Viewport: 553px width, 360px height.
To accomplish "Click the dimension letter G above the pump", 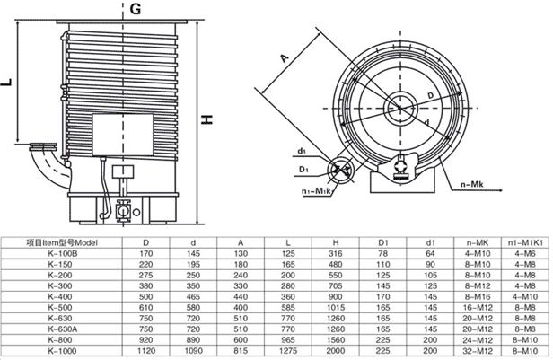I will (135, 9).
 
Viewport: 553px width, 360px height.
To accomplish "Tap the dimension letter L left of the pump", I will (8, 83).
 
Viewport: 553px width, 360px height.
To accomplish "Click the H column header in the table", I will (336, 242).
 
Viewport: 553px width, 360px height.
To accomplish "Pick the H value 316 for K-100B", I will (336, 254).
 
